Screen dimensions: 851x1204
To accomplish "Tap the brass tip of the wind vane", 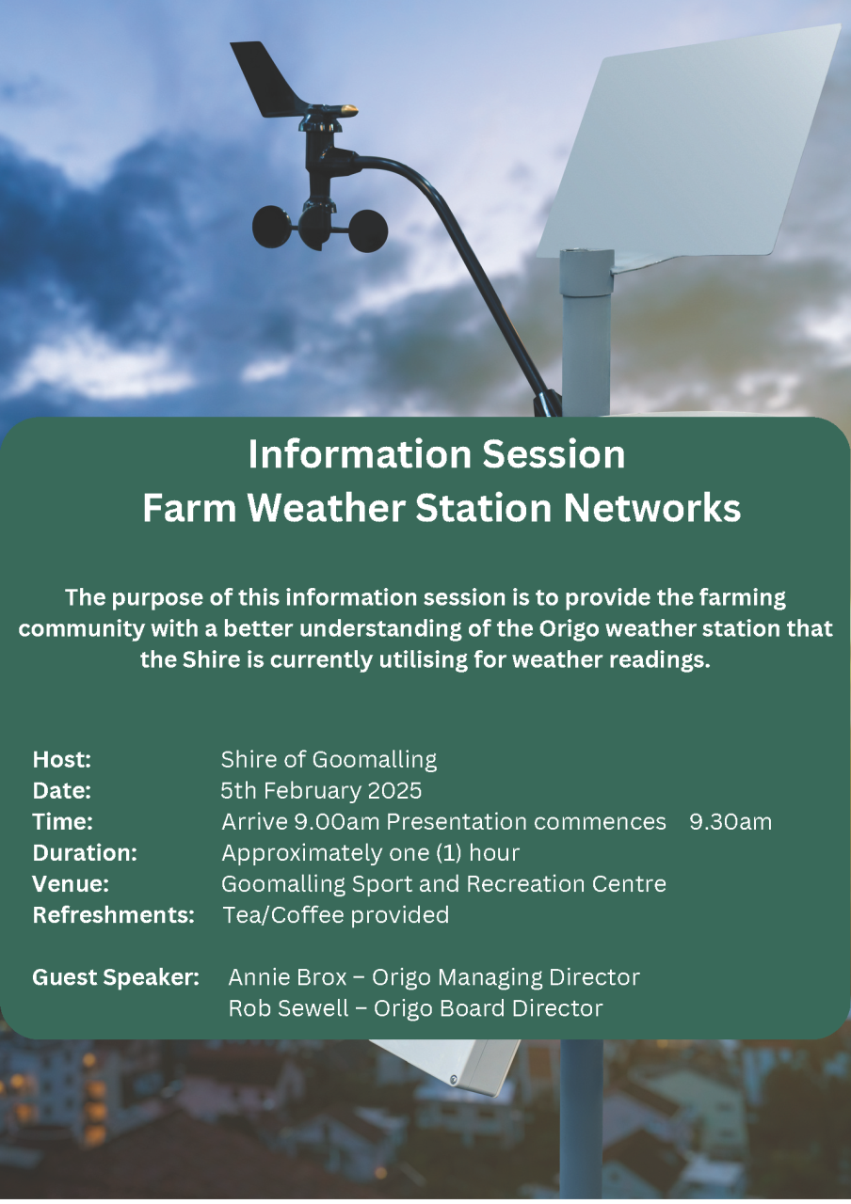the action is click(x=348, y=110).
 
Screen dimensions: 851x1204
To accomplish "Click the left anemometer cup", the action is click(x=272, y=227).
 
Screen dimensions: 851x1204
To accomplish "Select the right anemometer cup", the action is click(x=368, y=230).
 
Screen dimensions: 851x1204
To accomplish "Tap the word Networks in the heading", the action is click(x=652, y=508).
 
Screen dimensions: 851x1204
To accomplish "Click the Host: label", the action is click(x=62, y=759).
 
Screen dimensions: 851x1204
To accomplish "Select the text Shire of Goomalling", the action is click(x=329, y=759).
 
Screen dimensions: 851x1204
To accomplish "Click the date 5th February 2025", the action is click(x=321, y=791).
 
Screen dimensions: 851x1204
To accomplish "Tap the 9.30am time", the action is click(x=731, y=822).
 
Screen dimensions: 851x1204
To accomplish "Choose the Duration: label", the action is click(x=85, y=853).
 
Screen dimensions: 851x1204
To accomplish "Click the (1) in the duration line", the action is click(x=449, y=853).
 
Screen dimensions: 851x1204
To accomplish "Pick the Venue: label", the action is click(x=71, y=884).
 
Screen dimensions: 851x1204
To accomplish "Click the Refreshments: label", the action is click(x=114, y=915).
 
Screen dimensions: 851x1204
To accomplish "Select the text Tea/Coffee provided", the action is click(x=336, y=915).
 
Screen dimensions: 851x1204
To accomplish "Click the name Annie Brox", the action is click(x=287, y=977).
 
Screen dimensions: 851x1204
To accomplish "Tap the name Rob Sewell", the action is click(x=288, y=1008).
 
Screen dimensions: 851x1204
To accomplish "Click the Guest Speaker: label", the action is click(x=116, y=977).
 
